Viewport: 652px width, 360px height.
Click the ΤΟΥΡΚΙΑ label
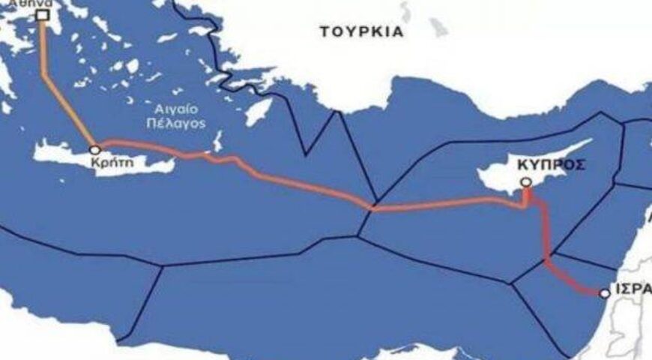tap(361, 31)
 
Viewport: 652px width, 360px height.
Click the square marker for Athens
tap(43, 14)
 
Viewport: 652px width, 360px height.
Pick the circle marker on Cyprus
tap(526, 181)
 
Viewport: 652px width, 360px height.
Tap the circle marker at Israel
tap(605, 292)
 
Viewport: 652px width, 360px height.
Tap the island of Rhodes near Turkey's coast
tap(258, 112)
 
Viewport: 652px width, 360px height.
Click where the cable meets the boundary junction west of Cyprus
tap(372, 209)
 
